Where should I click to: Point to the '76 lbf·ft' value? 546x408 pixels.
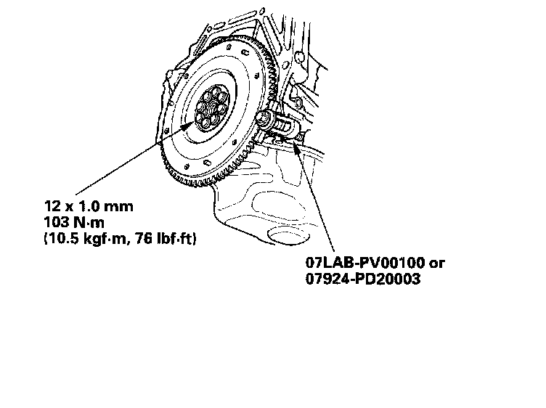point(169,237)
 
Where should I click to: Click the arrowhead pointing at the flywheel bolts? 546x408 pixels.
point(192,124)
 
